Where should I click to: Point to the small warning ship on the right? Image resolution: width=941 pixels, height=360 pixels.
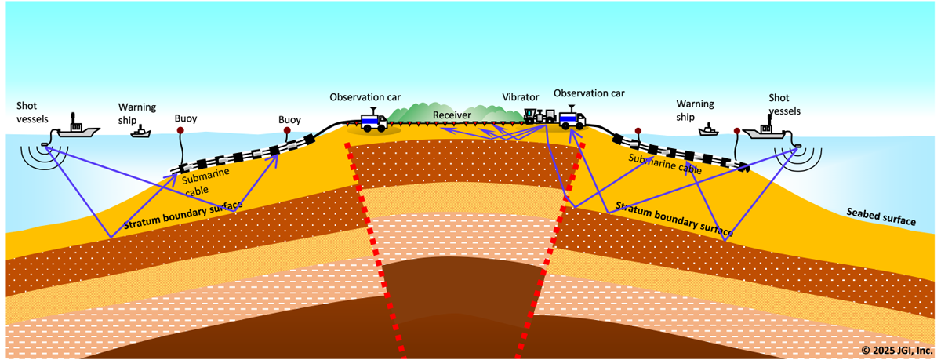click(x=710, y=130)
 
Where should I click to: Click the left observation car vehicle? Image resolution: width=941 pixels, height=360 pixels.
click(x=372, y=121)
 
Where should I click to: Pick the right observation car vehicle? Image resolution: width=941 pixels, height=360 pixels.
click(x=572, y=118)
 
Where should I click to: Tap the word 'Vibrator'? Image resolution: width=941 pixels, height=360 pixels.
click(x=521, y=97)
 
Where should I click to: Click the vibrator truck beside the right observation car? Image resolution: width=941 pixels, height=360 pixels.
click(x=540, y=117)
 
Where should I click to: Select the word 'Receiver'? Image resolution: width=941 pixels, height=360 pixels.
click(x=452, y=115)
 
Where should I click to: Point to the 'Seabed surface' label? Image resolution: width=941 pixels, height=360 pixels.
click(x=881, y=216)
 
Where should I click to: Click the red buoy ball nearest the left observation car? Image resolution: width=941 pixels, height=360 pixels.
click(x=287, y=130)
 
